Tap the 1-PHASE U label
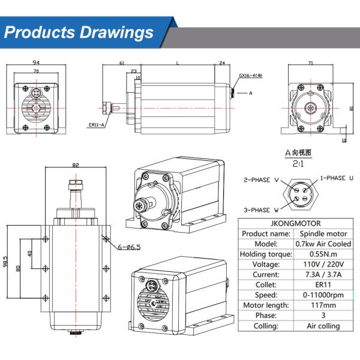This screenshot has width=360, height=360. [x=337, y=178]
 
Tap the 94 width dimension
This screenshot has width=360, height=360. [x=37, y=62]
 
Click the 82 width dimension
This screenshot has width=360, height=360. [x=75, y=165]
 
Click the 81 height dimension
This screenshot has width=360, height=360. [x=350, y=108]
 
